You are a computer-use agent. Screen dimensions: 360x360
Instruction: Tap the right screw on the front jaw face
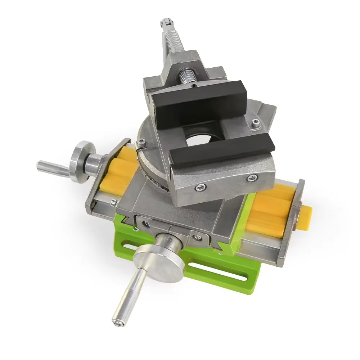[x=251, y=177]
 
